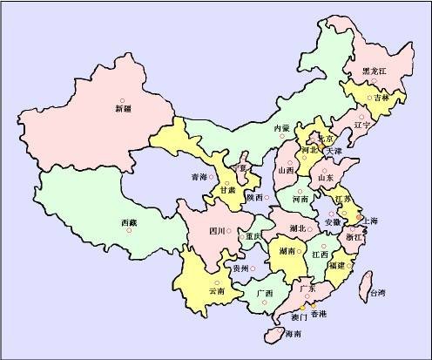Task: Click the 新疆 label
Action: coord(123,110)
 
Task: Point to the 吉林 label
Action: coord(381,98)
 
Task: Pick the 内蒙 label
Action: coord(281,129)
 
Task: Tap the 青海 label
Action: coord(199,177)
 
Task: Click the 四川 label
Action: coord(218,231)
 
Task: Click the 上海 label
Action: coord(368,221)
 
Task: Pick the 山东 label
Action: coord(326,178)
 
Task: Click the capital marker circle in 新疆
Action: coord(123,99)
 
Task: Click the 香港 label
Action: coord(319,313)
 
